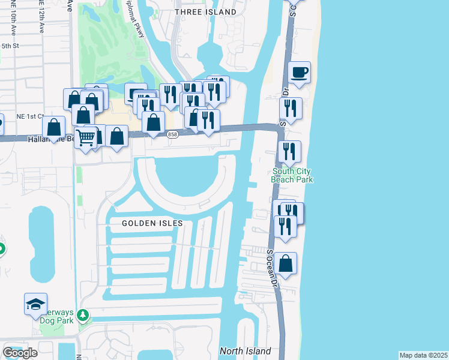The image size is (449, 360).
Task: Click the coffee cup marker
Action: (299, 73)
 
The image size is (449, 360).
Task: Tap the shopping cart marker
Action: (86, 137)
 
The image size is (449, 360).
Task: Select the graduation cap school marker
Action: (35, 304)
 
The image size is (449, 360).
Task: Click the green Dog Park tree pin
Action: (83, 314)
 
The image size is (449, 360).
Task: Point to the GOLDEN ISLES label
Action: (152, 223)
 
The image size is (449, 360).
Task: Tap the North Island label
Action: (245, 351)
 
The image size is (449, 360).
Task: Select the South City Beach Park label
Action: (292, 175)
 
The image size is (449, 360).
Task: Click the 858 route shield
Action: (172, 134)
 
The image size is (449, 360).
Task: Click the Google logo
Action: (20, 353)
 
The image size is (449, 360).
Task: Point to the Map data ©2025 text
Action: (423, 355)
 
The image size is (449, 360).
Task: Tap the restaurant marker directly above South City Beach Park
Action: (289, 152)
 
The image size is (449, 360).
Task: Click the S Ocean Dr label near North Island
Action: (273, 267)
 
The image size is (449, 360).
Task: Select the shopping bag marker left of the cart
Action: (54, 128)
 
